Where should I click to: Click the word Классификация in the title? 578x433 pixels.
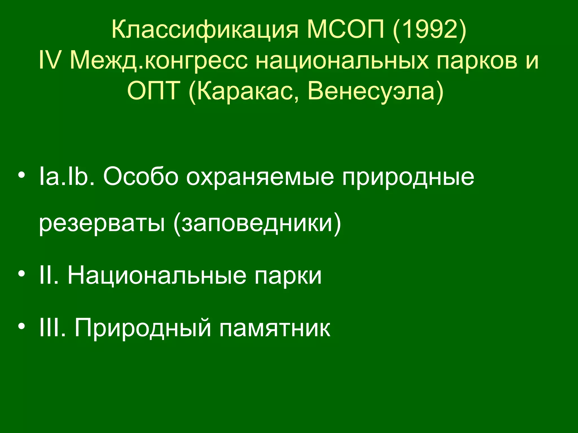coord(205,30)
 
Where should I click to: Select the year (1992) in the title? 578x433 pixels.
coord(429,30)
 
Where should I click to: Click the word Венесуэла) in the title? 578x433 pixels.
coord(376,91)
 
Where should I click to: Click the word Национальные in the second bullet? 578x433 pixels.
coord(157,276)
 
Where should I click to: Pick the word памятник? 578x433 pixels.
coord(275,328)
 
